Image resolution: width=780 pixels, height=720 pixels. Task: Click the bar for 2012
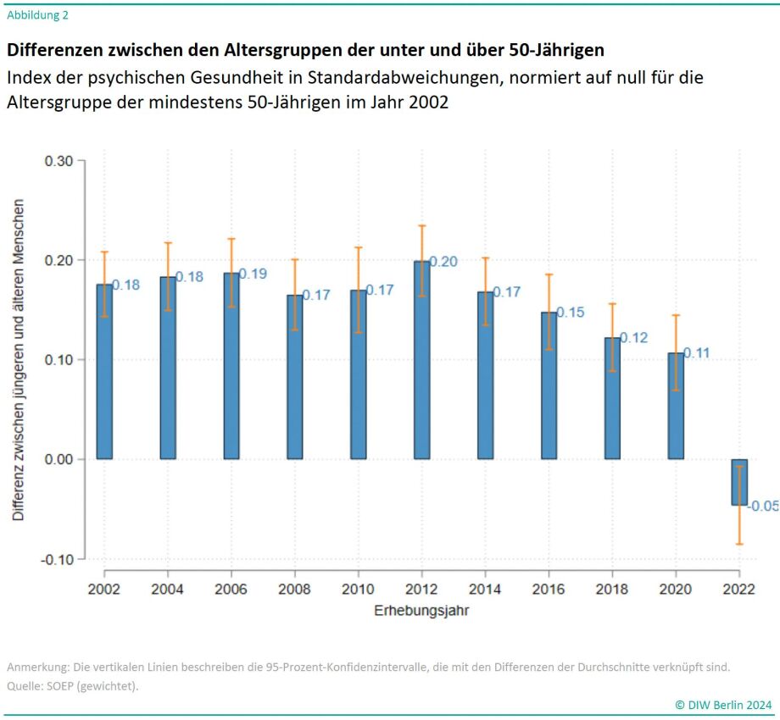(x=421, y=360)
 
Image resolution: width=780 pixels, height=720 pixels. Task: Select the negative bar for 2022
(x=739, y=482)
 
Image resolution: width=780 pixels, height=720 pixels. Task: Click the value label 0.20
(x=443, y=262)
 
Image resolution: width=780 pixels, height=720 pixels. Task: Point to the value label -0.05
(x=763, y=507)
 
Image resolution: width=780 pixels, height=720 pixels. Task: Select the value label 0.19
(x=253, y=274)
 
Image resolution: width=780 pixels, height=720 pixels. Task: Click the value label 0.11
(x=697, y=353)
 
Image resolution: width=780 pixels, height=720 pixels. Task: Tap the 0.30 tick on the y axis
(x=59, y=161)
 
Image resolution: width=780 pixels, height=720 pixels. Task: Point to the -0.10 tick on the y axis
(x=58, y=559)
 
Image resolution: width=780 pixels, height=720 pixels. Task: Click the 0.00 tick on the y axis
(x=59, y=459)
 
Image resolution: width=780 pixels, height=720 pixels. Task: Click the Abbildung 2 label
(x=38, y=14)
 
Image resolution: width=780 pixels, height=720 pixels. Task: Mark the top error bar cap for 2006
(x=231, y=239)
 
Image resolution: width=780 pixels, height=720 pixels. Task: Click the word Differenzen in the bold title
(x=53, y=51)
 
